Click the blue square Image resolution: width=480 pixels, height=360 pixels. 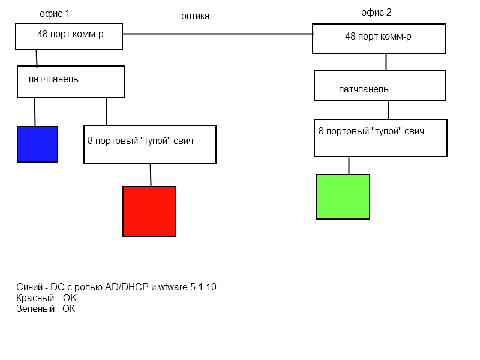point(37,144)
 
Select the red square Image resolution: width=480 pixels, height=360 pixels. point(149,211)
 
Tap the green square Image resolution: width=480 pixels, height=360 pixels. point(343,197)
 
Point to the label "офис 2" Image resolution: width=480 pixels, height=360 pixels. point(376,13)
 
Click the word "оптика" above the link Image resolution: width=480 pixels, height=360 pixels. point(196,17)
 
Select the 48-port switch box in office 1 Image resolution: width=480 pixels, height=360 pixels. point(69,37)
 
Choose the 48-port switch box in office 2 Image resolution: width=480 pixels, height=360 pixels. point(379,38)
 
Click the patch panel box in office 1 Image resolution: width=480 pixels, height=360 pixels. point(71,82)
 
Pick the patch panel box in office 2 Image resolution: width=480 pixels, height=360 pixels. point(380,86)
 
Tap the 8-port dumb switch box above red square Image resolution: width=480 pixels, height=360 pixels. point(149,145)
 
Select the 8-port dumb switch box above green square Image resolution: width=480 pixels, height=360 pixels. point(380,138)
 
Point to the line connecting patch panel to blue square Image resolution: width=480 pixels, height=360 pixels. point(35,112)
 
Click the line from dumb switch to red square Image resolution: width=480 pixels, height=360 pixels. point(151,175)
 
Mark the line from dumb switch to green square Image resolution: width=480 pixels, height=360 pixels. point(349,166)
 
